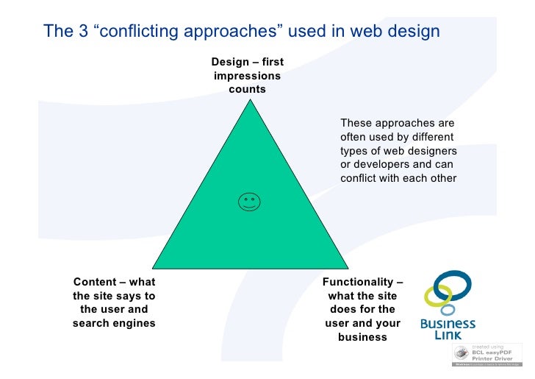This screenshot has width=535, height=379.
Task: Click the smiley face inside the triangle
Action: click(x=249, y=202)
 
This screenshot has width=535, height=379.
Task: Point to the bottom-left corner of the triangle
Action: click(x=154, y=266)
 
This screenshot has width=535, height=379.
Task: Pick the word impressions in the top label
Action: click(x=247, y=76)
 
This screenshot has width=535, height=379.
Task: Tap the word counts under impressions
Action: click(x=247, y=90)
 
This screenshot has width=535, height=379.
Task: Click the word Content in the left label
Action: click(x=95, y=282)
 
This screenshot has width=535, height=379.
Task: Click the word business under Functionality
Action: click(x=362, y=337)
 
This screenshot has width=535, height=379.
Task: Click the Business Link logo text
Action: click(x=448, y=329)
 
